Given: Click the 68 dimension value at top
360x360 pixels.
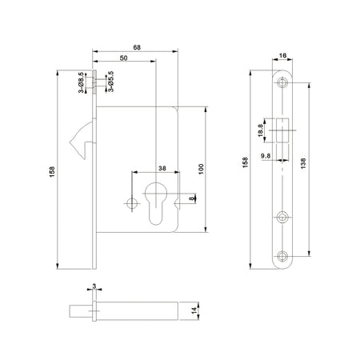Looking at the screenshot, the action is tap(137, 47).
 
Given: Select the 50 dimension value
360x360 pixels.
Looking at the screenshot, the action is tap(123, 58).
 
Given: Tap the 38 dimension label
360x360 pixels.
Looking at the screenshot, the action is tap(162, 168).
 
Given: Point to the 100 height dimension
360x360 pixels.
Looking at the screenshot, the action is tap(201, 169).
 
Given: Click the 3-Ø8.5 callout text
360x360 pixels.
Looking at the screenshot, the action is tap(82, 82).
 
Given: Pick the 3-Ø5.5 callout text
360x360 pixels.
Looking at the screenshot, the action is tap(111, 82).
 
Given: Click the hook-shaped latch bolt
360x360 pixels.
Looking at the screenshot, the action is tap(82, 139).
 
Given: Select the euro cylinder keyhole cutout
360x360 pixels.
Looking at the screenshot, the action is tap(156, 202).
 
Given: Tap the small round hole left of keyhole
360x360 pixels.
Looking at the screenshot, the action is tap(132, 203).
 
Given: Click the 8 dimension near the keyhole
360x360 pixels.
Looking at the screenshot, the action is tap(191, 198).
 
